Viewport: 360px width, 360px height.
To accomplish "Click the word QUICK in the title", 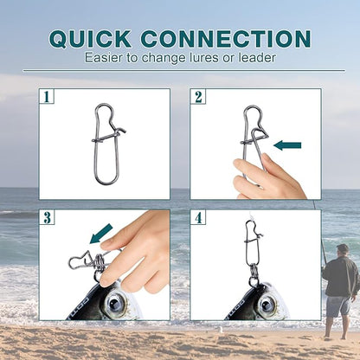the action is tap(90, 39).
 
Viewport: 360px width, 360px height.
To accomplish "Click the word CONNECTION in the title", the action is tap(226, 39).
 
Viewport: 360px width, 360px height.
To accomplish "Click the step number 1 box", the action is tap(47, 96).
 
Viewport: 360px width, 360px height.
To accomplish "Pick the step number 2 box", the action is tap(198, 96).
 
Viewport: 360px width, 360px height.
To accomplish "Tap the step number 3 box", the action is tap(47, 217).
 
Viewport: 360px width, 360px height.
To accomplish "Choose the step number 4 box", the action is tap(198, 217).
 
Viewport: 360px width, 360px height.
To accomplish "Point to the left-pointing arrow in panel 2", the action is tap(287, 145).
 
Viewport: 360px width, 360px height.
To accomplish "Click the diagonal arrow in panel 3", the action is tap(101, 234).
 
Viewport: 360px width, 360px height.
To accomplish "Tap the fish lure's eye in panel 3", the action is tap(115, 303).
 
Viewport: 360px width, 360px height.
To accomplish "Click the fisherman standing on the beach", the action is tap(340, 292).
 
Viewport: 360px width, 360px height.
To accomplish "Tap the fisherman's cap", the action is tap(343, 247).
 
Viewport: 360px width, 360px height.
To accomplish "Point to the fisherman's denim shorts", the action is tap(338, 306).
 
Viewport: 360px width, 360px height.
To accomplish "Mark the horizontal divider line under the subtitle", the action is tap(184, 70).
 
